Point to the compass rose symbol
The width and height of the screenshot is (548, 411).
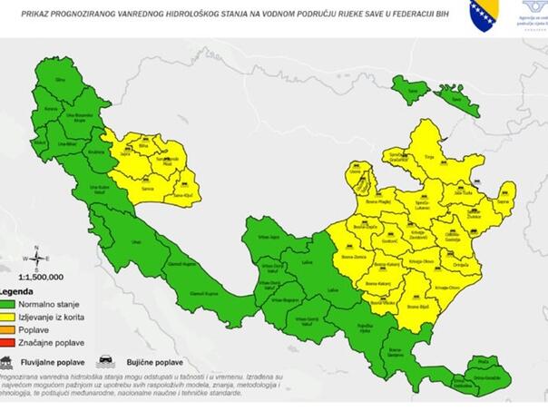[x=35, y=255]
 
